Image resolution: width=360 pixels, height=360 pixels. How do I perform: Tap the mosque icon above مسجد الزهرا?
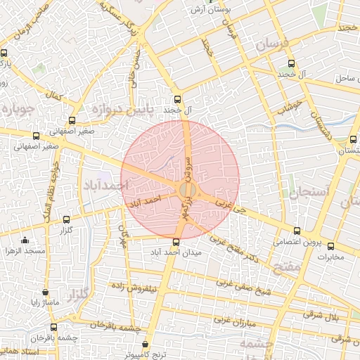click(25, 239)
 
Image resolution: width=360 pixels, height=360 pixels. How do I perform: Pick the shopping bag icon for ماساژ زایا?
click(46, 292)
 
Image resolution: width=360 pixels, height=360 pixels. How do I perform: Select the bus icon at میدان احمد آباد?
click(176, 242)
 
